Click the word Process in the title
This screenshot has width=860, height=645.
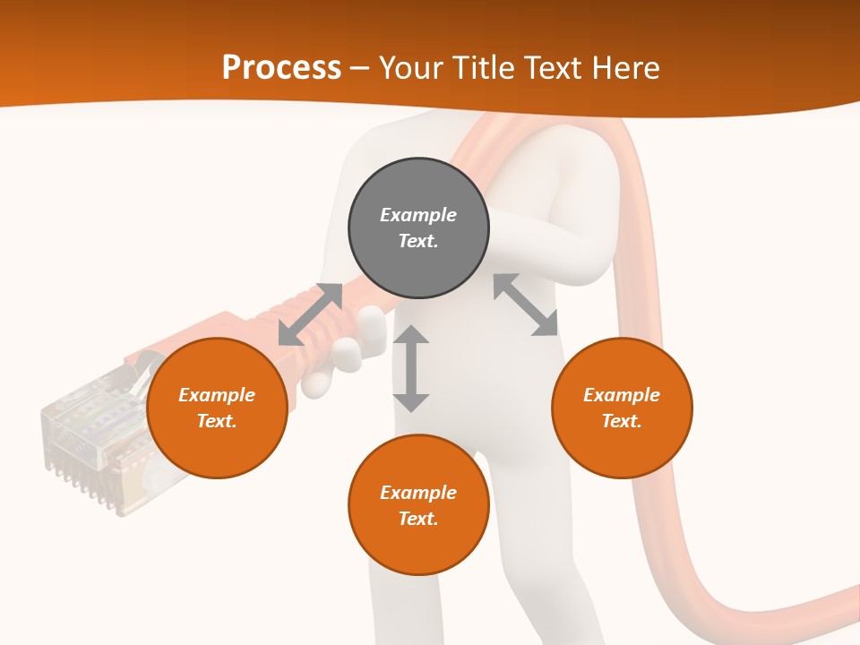(x=281, y=67)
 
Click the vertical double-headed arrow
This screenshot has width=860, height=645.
(x=411, y=369)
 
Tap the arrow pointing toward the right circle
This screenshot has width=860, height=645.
(x=526, y=305)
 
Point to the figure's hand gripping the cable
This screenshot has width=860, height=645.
(x=336, y=358)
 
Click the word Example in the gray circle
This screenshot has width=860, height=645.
(x=418, y=215)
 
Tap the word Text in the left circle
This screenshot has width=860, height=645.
(x=217, y=421)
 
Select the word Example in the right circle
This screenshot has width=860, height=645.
(x=622, y=395)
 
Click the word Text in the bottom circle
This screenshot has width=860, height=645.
(x=418, y=519)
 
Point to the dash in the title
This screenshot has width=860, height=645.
(x=359, y=68)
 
